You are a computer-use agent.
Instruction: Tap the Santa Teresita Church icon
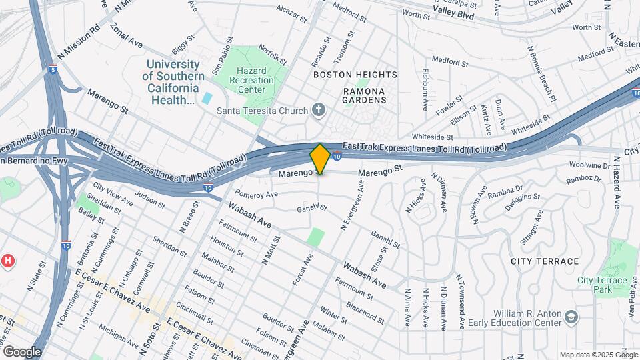point(319,111)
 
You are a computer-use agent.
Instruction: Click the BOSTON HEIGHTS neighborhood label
point(355,75)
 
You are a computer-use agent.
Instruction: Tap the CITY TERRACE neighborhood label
point(545,261)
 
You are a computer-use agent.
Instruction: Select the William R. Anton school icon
point(570,315)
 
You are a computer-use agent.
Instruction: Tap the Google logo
point(21,351)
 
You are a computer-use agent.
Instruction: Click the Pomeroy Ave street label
point(256,195)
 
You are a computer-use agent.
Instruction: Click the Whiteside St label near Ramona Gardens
point(427,136)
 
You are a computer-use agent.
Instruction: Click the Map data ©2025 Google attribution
point(598,355)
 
